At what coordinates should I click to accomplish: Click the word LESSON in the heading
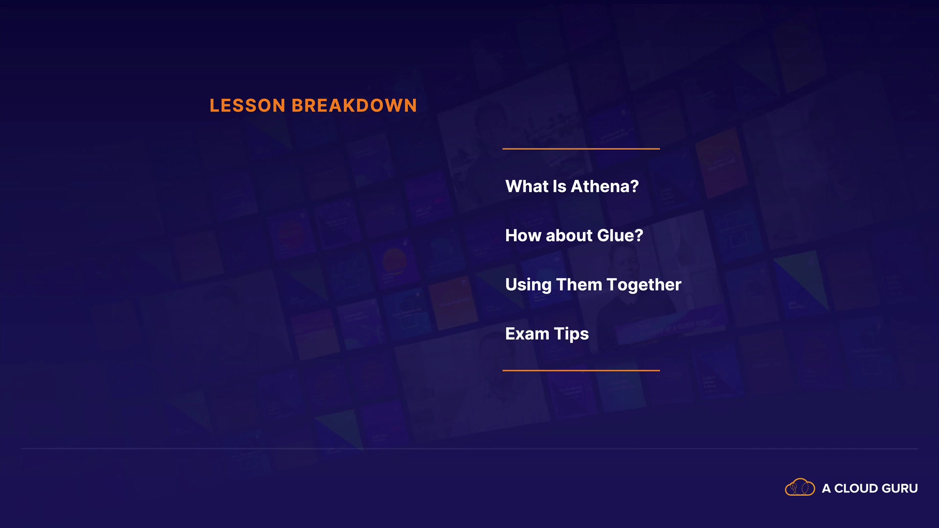(247, 106)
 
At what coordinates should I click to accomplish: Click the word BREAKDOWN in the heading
(354, 106)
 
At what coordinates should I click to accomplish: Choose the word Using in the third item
(528, 285)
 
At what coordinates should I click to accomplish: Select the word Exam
(527, 334)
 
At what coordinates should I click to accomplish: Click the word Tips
(571, 334)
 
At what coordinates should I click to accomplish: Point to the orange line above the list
(581, 149)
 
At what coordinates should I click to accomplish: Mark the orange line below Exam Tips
(581, 371)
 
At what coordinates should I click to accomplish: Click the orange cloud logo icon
(800, 487)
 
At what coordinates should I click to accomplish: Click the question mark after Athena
(634, 186)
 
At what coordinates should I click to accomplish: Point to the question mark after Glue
(639, 236)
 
